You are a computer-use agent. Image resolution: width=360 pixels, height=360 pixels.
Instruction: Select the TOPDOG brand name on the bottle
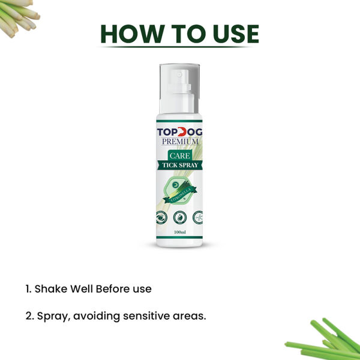click(x=179, y=132)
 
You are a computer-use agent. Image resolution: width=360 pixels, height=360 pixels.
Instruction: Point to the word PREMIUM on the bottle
click(x=179, y=142)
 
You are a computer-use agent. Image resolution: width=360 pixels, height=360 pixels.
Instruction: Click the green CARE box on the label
click(x=180, y=154)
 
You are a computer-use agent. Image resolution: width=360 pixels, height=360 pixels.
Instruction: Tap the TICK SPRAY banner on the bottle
click(x=180, y=166)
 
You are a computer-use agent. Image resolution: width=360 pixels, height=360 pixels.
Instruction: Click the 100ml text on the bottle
click(x=179, y=232)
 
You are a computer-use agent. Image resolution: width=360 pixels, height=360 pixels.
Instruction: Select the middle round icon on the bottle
click(x=180, y=217)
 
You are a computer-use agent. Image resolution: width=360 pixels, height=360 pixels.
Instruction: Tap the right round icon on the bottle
click(x=197, y=217)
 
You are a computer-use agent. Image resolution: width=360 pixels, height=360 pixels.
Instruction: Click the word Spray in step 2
click(x=51, y=315)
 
